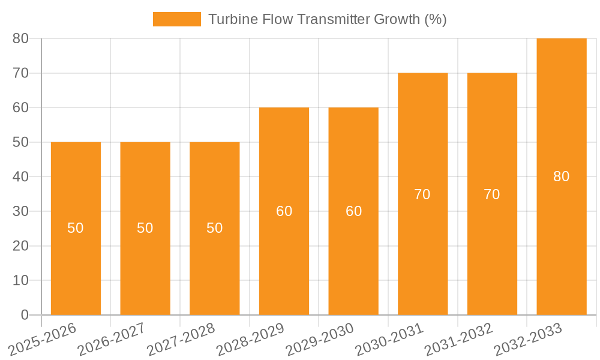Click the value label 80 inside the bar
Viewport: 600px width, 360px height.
[x=561, y=176]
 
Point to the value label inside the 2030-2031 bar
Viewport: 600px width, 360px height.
[x=422, y=194]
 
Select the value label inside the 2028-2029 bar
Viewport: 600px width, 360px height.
[x=284, y=211]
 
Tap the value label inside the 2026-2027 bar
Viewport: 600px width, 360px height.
[x=145, y=228]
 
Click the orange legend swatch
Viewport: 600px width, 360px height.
[x=177, y=19]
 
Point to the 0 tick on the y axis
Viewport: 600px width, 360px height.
[x=25, y=315]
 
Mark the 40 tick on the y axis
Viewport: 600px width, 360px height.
[x=20, y=176]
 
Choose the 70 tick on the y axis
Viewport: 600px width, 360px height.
[x=20, y=73]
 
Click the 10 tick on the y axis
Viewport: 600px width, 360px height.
[x=20, y=280]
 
